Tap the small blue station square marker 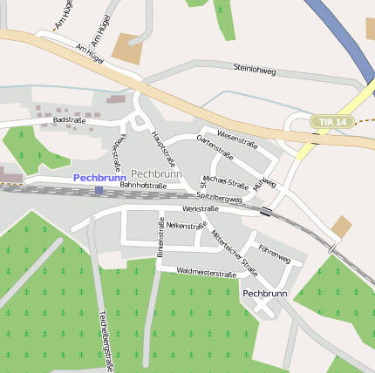tap(99, 189)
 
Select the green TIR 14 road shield tap(332, 122)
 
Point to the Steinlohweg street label tap(255, 68)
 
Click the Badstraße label tap(69, 119)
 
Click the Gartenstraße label tap(215, 148)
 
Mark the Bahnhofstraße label tap(143, 186)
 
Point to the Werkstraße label tap(201, 209)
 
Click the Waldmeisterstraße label tap(207, 274)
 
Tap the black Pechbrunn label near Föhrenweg tap(265, 294)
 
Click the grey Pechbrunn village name tap(156, 174)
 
